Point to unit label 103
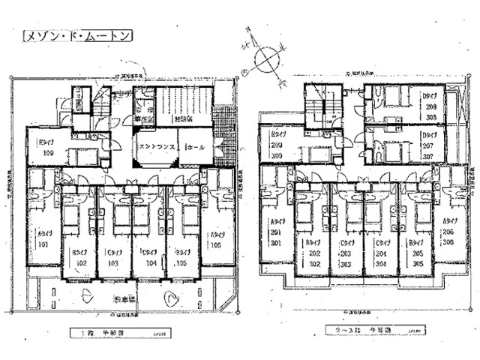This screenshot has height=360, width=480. click(x=113, y=263)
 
